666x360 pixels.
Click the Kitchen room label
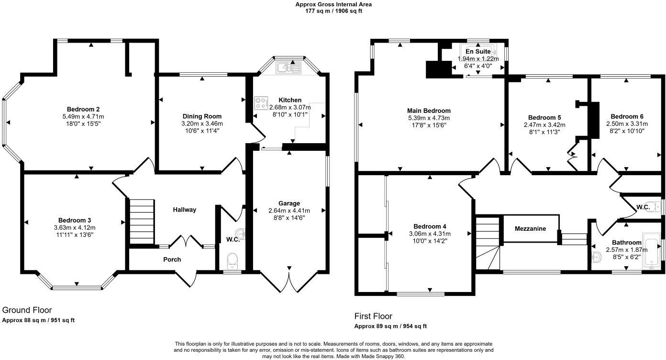click(x=290, y=100)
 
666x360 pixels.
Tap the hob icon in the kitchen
click(x=261, y=103)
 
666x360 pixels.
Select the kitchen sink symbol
click(x=289, y=67)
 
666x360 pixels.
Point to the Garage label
click(x=289, y=203)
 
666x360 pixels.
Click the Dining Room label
click(x=202, y=116)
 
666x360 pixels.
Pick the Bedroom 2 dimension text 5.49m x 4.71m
click(x=83, y=116)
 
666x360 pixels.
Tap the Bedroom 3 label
click(x=75, y=220)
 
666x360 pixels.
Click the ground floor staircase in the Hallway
click(x=142, y=222)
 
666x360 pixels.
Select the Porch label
click(x=172, y=259)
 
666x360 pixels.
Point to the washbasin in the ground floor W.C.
click(x=240, y=234)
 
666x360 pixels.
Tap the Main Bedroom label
click(x=429, y=111)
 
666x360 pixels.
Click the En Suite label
click(x=478, y=52)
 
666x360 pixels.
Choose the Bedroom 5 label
click(x=544, y=117)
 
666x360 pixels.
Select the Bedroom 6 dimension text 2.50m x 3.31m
click(x=627, y=124)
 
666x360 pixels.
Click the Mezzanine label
click(x=530, y=228)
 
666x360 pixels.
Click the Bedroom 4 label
click(x=430, y=226)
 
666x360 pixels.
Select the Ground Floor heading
click(x=27, y=310)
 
